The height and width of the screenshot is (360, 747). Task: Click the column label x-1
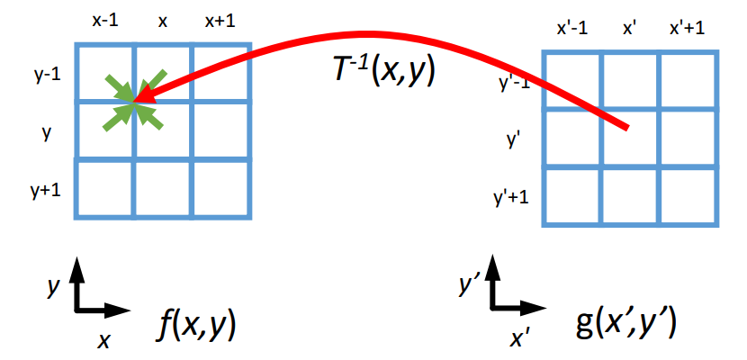pyautogui.click(x=104, y=21)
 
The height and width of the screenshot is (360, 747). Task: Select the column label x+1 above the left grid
pyautogui.click(x=219, y=21)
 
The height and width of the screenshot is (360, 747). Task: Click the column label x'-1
pyautogui.click(x=572, y=27)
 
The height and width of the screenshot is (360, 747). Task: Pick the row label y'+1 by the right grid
pyautogui.click(x=510, y=196)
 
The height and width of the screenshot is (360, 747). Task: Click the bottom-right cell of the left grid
pyautogui.click(x=220, y=188)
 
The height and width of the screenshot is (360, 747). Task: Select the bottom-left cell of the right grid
pyautogui.click(x=572, y=195)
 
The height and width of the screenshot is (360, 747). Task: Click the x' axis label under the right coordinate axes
pyautogui.click(x=519, y=338)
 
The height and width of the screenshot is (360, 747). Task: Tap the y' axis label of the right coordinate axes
pyautogui.click(x=467, y=286)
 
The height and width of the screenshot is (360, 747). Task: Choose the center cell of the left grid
pyautogui.click(x=163, y=131)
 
